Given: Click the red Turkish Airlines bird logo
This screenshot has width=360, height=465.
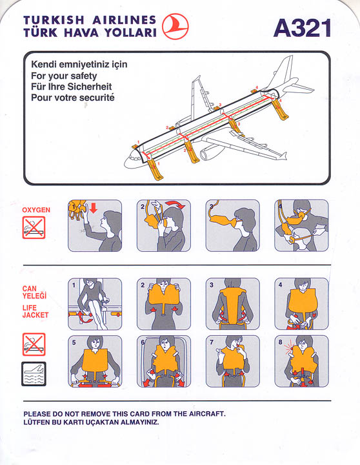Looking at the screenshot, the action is coord(175,26).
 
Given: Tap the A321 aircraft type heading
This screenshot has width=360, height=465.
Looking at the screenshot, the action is coord(302,28).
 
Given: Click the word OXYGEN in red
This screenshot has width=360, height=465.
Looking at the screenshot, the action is coord(36,210).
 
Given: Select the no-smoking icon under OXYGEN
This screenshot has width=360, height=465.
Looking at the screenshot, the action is coord(34,227).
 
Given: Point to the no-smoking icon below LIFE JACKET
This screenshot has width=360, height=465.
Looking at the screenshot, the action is coord(34,344).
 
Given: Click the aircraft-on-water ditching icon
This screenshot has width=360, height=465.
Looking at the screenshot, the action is coord(34,374).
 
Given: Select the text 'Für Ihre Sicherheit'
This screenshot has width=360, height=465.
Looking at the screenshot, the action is coord(72,87).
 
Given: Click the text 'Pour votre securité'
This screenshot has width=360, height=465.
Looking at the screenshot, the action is coord(73,98).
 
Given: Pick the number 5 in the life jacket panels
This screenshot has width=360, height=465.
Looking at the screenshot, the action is coord(74,342).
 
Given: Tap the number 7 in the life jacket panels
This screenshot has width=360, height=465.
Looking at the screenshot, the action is coord(211,342).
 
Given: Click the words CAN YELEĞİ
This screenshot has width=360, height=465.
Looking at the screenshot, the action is coord(34,292).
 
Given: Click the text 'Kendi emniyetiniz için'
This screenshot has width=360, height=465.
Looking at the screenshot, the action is coord(79,65).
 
